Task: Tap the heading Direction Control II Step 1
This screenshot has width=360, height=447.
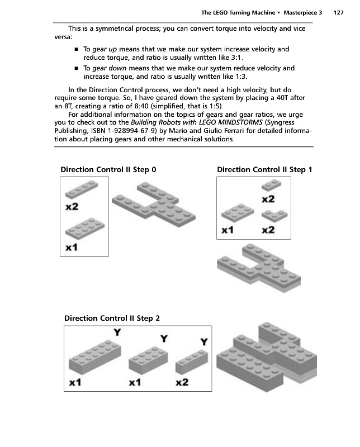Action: [265, 169]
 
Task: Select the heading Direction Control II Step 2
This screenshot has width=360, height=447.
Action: [112, 318]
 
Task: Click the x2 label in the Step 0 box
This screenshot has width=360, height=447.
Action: [71, 208]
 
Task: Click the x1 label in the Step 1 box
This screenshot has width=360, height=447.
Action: [228, 230]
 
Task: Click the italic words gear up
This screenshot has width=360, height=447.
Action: [105, 49]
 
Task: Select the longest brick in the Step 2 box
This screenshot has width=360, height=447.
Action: [94, 355]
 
